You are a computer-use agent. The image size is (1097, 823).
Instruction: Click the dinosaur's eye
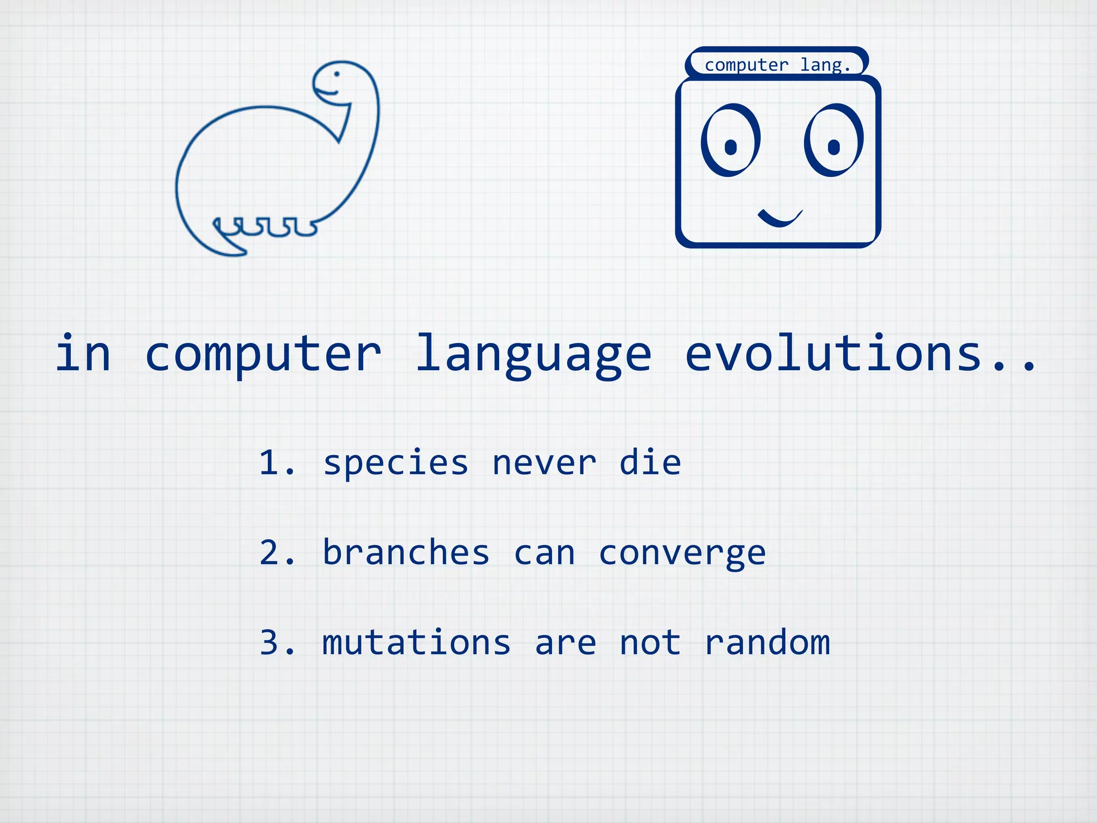click(x=337, y=74)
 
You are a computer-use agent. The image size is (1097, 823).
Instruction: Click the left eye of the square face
click(x=731, y=141)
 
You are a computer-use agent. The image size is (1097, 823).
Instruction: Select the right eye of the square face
click(x=833, y=141)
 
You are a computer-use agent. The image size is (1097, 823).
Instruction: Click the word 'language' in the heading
click(x=534, y=354)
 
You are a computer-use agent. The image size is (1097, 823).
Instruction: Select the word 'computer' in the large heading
click(x=263, y=355)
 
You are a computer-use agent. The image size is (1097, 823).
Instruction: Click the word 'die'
click(x=650, y=462)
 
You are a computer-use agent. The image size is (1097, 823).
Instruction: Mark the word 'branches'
click(x=406, y=552)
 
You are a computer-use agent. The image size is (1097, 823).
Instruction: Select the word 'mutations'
click(x=416, y=642)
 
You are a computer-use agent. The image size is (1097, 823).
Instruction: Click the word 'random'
click(x=767, y=642)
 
